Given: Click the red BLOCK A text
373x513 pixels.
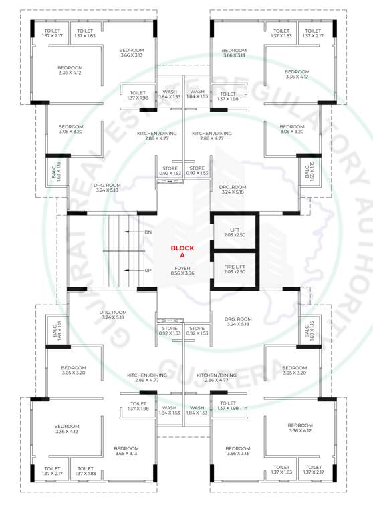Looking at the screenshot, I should [x=178, y=251].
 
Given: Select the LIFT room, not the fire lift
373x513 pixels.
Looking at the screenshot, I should [x=234, y=232].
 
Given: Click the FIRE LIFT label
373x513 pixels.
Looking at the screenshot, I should [x=234, y=269].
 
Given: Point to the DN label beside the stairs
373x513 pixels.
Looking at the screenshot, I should [x=148, y=232].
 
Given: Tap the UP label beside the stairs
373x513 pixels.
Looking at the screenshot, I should [x=148, y=270].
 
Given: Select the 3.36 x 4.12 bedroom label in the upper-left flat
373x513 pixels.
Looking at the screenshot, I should [x=70, y=71].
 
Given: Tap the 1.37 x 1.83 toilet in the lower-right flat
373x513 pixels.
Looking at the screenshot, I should [x=281, y=471].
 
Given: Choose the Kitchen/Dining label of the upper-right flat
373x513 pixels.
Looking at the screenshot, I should [x=212, y=136].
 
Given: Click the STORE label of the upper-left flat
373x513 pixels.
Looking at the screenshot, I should [x=170, y=170].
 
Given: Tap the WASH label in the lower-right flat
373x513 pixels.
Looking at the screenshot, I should [x=197, y=411].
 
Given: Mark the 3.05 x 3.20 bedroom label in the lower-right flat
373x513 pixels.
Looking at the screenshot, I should [x=294, y=371].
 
